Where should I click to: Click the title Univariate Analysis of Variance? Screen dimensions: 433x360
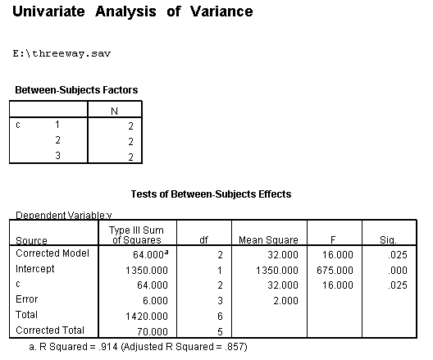pyautogui.click(x=132, y=12)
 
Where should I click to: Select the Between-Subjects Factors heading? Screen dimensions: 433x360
pyautogui.click(x=76, y=89)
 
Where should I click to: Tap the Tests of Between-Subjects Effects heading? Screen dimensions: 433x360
pyautogui.click(x=211, y=194)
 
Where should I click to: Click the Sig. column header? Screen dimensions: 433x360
pyautogui.click(x=389, y=240)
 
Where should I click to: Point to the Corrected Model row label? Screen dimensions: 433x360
pyautogui.click(x=51, y=255)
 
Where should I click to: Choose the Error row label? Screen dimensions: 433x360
pyautogui.click(x=27, y=299)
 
